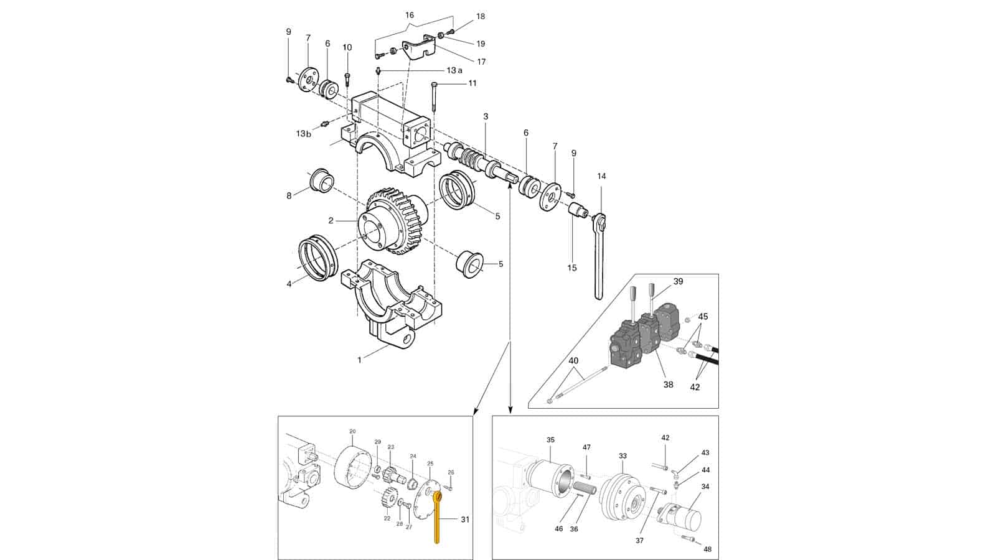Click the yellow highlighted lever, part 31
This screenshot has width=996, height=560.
coord(436,518)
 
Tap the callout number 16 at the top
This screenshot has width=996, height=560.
coord(410,15)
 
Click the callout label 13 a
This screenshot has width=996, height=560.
coord(454,70)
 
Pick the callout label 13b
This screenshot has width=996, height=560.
coord(304,133)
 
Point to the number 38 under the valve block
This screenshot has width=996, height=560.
coord(669,385)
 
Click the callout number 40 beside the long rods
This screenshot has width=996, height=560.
coord(573,360)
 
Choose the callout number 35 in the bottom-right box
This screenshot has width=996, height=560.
coord(550,439)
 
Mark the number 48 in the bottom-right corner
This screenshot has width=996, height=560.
coord(707,550)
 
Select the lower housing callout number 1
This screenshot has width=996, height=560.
coord(360,360)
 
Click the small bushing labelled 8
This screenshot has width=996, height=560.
coord(321,181)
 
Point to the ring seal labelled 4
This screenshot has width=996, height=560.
coord(318,258)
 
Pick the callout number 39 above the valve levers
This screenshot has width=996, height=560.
coord(678,281)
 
